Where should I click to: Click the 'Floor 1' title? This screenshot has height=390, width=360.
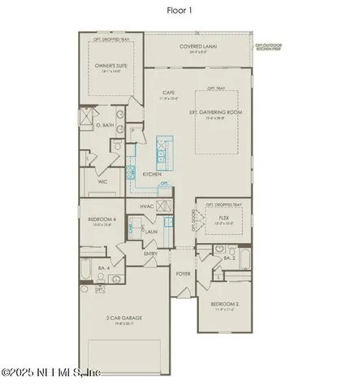[x=180, y=11]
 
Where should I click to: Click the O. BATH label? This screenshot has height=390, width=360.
[x=103, y=126]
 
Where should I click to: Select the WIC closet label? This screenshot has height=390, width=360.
[x=103, y=182]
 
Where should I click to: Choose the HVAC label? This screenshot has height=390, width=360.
[x=147, y=206]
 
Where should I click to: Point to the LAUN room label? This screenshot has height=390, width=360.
[x=150, y=232]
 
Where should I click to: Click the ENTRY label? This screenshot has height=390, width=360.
[x=150, y=254]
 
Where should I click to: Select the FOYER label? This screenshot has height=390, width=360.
[x=183, y=274]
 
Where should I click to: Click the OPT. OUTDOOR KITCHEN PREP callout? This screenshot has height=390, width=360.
[x=272, y=47]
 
